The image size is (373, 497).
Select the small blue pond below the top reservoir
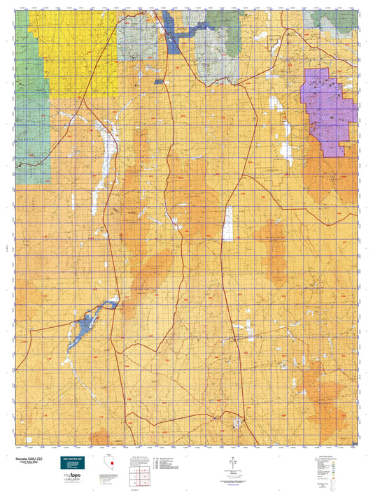point(160,82)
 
